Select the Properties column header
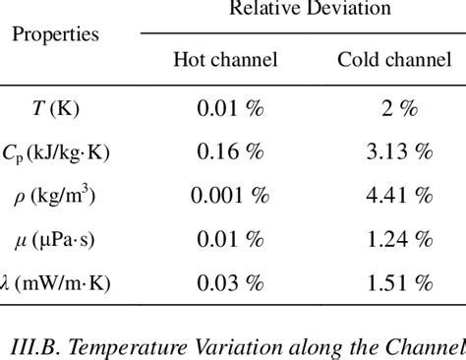(x=56, y=35)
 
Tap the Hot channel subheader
(x=225, y=60)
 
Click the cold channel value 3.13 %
(x=394, y=152)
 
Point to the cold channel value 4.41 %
(x=394, y=196)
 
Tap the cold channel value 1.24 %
(x=394, y=240)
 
